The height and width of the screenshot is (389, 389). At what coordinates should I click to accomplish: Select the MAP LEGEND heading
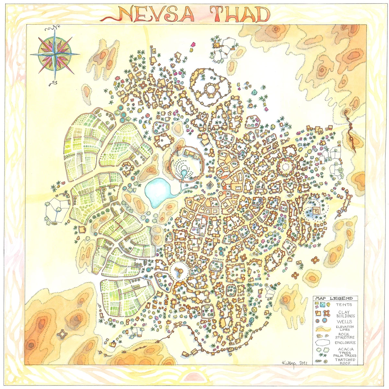[337, 298]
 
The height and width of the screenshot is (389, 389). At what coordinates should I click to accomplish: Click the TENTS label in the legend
[344, 305]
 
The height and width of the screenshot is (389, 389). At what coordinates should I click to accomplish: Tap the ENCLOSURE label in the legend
[346, 343]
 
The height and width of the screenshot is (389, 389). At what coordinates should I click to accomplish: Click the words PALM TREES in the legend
[347, 356]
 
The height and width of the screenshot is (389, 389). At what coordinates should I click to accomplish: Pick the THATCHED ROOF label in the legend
[347, 361]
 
